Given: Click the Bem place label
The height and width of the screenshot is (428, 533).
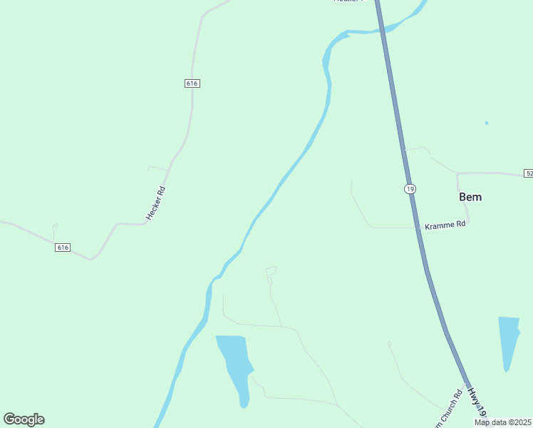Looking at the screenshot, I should click(x=470, y=197).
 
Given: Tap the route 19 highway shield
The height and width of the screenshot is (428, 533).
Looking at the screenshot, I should click(x=409, y=188).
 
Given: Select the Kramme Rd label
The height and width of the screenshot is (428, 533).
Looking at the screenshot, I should click(x=445, y=224).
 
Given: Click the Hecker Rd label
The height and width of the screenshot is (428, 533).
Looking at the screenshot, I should click(x=155, y=203).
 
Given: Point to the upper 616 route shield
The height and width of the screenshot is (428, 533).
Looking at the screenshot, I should click(x=191, y=83).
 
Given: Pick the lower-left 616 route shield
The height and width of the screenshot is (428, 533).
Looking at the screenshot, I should click(x=63, y=248).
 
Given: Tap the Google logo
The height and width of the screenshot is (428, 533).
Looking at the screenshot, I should click(x=24, y=419).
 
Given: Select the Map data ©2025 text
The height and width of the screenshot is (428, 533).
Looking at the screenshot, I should click(x=502, y=422).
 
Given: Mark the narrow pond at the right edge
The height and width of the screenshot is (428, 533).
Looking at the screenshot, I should click(x=509, y=341).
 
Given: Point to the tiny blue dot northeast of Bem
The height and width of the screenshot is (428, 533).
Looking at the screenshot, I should click(x=487, y=123).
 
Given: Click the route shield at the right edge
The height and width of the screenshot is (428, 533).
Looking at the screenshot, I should click(x=528, y=173).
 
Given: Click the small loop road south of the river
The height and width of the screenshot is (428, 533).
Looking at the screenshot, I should click(x=271, y=272).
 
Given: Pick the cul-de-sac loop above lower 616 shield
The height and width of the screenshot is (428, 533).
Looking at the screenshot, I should click(x=54, y=228).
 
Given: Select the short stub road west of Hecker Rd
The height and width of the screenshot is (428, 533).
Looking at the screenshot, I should click(x=158, y=168).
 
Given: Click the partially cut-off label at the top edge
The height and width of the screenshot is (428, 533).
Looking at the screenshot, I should click(x=348, y=1).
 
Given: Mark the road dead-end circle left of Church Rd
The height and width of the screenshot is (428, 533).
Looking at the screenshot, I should click(x=389, y=345).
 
